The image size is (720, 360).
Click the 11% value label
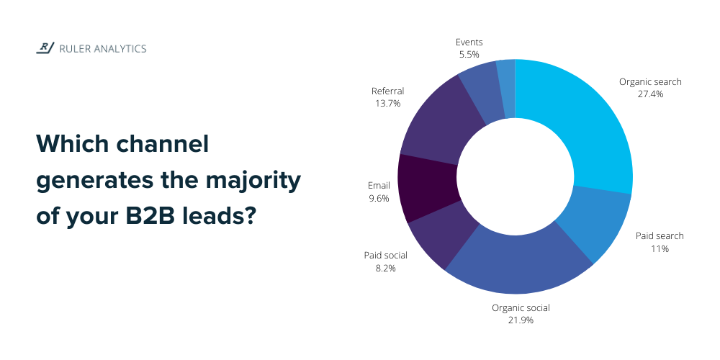660,249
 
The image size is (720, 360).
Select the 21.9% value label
521,320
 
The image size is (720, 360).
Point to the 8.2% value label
385,269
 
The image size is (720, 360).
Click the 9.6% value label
378,198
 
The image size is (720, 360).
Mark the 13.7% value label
387,104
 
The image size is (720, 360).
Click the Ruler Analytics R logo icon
45,48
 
